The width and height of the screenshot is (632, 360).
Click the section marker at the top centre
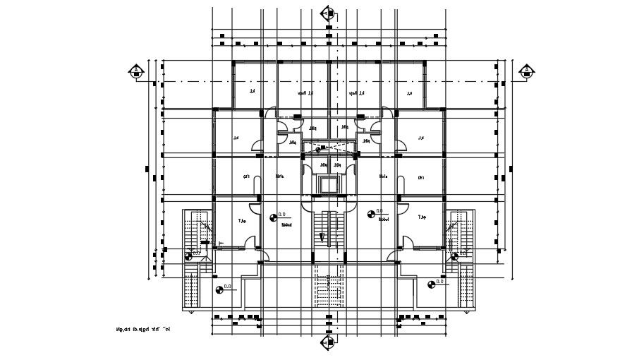(x=327, y=13)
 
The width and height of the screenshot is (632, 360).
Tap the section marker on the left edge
(x=136, y=71)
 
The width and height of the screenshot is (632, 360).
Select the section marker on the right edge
(x=525, y=71)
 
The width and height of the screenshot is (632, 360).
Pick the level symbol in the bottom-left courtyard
(x=219, y=288)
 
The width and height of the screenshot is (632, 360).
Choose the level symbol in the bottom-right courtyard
(x=431, y=284)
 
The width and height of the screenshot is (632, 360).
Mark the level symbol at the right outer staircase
(x=456, y=255)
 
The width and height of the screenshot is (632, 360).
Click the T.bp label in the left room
(x=242, y=220)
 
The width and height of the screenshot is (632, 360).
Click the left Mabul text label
(x=287, y=226)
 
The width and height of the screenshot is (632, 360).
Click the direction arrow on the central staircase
(x=321, y=236)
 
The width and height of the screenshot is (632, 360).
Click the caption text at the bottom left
(x=142, y=328)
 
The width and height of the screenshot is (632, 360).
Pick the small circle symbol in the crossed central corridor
(x=319, y=149)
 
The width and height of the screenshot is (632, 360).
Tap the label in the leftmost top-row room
(x=250, y=92)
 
